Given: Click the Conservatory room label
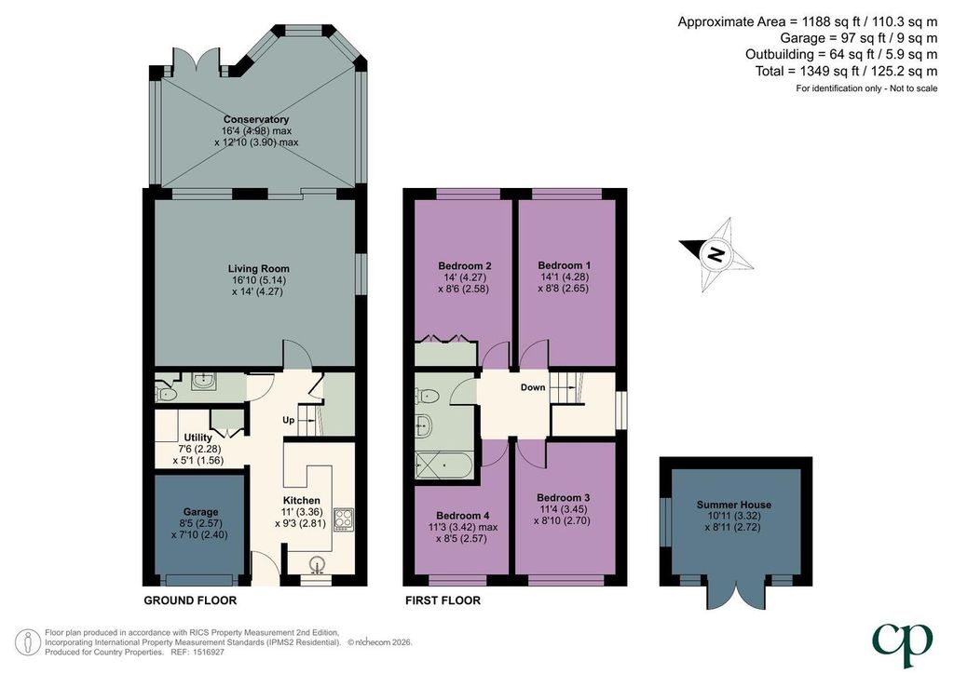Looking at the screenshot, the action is click(256, 120).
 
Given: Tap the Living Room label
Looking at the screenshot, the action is click(259, 269).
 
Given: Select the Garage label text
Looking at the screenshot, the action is click(201, 512).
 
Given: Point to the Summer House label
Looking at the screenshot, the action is click(734, 505).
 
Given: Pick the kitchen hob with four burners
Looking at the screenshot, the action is click(344, 519).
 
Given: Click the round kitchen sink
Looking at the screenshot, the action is click(317, 565).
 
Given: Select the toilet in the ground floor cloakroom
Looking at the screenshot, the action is click(165, 395).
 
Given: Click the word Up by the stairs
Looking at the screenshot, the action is click(289, 420).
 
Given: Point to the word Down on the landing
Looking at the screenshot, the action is click(533, 387).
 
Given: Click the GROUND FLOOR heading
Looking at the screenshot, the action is click(190, 600).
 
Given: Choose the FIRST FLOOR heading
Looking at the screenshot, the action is click(443, 600).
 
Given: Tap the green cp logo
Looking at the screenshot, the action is click(902, 643).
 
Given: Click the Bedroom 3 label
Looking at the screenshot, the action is click(564, 498).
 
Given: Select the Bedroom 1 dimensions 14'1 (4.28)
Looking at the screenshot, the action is click(564, 277).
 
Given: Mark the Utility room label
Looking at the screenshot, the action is click(198, 438).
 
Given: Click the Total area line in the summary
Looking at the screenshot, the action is click(846, 71).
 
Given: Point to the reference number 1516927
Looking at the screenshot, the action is click(208, 652).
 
